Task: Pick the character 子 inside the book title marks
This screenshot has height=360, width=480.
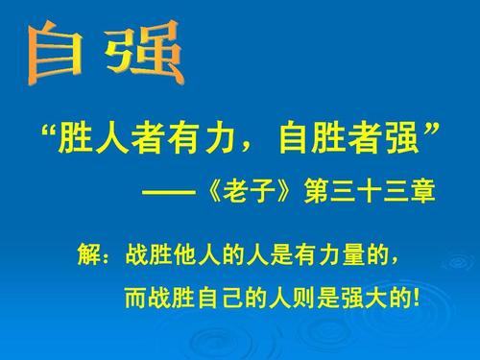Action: pos(260,193)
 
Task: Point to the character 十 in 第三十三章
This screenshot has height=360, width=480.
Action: pos(370,193)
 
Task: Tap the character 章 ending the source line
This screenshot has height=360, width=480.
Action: pos(423,193)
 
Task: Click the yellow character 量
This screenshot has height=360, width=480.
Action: pos(353,257)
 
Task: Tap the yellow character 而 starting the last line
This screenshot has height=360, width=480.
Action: pos(135,300)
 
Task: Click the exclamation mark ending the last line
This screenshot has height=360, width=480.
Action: pos(415,300)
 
